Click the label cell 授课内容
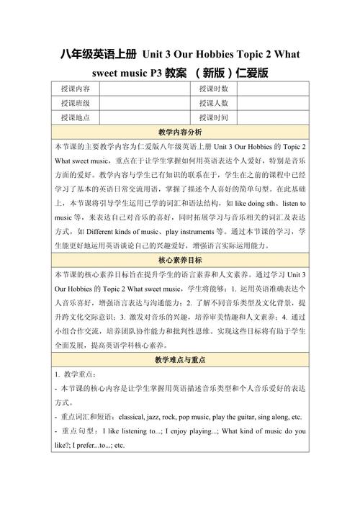pyautogui.click(x=75, y=89)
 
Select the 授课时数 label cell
pyautogui.click(x=213, y=89)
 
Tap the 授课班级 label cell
pyautogui.click(x=75, y=103)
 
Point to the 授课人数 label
pyautogui.click(x=213, y=103)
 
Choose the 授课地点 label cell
pyautogui.click(x=75, y=117)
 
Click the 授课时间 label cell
pyautogui.click(x=213, y=117)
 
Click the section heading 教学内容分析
pyautogui.click(x=179, y=132)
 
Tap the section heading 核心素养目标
pyautogui.click(x=179, y=260)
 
